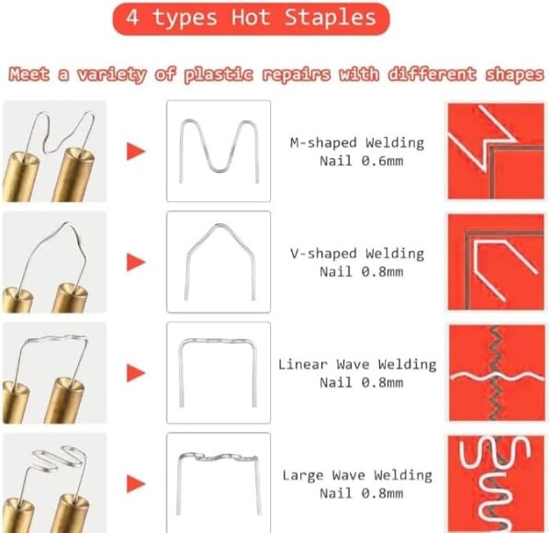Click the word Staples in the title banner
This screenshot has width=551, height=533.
[x=330, y=17]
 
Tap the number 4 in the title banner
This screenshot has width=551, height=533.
[x=132, y=17]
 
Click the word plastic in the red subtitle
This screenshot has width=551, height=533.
[x=219, y=74]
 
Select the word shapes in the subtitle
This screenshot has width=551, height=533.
[x=515, y=74]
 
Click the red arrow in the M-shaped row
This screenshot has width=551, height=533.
[x=136, y=152]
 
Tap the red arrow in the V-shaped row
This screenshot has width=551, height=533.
[x=136, y=262]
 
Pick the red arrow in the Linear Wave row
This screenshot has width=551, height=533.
[x=136, y=373]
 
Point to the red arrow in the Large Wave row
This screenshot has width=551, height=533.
[x=136, y=483]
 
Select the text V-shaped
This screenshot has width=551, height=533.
[x=323, y=254]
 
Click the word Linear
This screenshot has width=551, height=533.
[x=302, y=365]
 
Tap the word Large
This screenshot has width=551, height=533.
[x=302, y=476]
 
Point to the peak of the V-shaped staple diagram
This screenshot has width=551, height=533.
[x=219, y=225]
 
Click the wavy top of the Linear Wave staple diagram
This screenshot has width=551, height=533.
[x=218, y=340]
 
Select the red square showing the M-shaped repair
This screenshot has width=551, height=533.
[x=496, y=151]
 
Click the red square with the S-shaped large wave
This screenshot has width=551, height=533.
[x=496, y=483]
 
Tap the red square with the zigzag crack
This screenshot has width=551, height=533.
[x=497, y=373]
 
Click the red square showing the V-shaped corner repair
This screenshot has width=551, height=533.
[x=496, y=262]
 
